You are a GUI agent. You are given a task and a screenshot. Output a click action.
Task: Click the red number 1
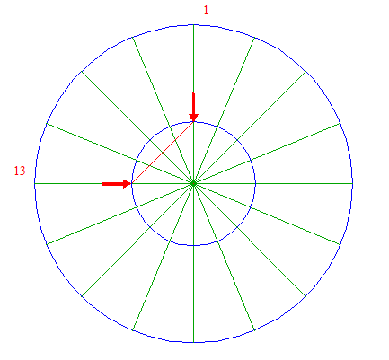point(206,11)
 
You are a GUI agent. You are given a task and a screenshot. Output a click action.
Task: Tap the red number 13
point(20,171)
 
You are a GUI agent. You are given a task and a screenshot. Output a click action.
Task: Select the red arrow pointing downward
point(193,108)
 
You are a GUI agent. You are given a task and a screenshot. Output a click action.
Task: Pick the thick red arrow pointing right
point(117,184)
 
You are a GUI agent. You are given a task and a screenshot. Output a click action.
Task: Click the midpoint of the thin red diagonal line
point(163,153)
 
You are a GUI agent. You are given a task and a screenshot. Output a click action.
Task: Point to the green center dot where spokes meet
point(193,183)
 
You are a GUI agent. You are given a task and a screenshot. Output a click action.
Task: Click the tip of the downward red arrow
point(193,122)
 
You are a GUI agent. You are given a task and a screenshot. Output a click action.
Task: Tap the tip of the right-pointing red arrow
point(132,184)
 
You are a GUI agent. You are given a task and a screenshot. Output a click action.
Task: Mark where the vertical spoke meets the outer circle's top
point(193,25)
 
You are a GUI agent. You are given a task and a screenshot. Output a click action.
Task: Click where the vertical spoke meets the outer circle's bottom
point(193,342)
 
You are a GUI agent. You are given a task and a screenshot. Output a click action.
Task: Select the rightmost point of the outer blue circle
point(352,183)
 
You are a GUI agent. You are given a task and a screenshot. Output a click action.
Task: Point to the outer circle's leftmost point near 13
point(35,183)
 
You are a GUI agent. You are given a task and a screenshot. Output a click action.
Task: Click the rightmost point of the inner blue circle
point(255,183)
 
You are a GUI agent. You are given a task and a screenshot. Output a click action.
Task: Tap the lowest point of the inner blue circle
point(193,245)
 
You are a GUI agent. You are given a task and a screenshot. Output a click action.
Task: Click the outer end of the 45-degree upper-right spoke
point(305,71)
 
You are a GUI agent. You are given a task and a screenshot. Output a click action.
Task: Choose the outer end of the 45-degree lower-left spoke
point(82,296)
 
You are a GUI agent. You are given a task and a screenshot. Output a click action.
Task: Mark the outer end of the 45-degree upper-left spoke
point(82,71)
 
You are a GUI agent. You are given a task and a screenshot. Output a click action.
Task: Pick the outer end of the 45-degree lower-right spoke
point(305,296)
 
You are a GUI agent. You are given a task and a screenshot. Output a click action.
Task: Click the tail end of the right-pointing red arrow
point(102,184)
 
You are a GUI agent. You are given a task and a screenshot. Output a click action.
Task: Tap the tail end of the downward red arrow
point(193,93)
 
